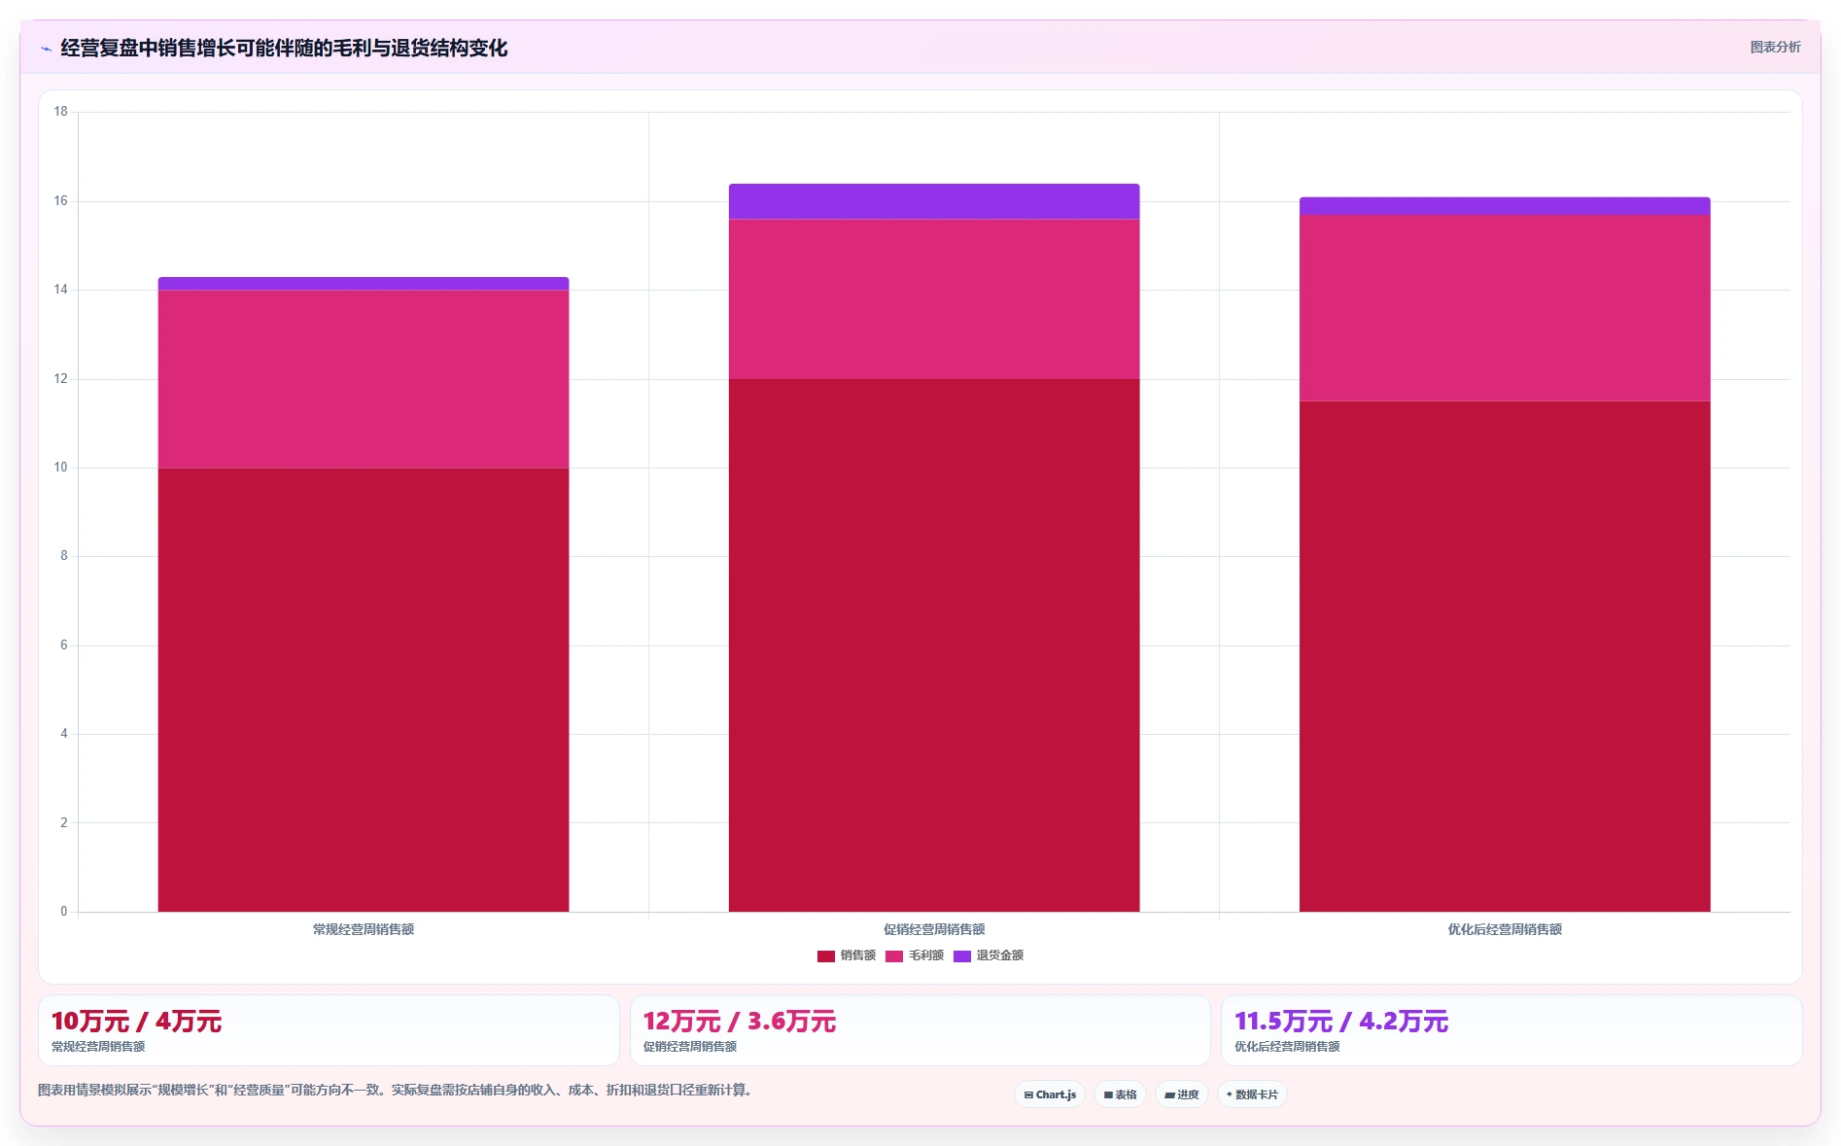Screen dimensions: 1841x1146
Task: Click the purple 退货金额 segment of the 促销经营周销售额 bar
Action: click(934, 201)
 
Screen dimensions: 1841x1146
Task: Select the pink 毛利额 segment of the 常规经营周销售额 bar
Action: click(364, 379)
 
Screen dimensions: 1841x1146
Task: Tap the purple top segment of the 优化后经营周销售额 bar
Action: click(1505, 206)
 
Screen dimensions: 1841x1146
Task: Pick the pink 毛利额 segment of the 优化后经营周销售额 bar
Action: click(1505, 308)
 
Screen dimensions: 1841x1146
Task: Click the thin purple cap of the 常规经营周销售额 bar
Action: click(364, 284)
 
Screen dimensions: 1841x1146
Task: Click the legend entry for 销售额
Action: click(847, 955)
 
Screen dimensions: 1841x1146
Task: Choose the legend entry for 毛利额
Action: click(915, 955)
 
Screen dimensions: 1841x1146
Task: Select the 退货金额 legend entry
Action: click(989, 955)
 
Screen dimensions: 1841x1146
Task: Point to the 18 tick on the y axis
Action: click(61, 112)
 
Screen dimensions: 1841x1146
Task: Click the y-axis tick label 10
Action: click(61, 468)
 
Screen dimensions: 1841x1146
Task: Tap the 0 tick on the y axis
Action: click(64, 912)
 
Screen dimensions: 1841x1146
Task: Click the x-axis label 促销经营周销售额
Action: click(934, 929)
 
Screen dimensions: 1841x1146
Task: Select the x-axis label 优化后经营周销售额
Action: click(1505, 929)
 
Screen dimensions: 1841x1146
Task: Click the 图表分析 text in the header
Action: click(1775, 47)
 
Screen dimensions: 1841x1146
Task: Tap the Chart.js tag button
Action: click(1050, 1094)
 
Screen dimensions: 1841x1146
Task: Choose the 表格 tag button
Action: click(1120, 1094)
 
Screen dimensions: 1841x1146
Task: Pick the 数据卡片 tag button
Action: click(1252, 1094)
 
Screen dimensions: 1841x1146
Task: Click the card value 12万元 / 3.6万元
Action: click(740, 1022)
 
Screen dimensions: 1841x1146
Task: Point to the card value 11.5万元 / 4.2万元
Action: click(1341, 1022)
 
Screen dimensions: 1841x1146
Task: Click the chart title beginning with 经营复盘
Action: click(284, 48)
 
